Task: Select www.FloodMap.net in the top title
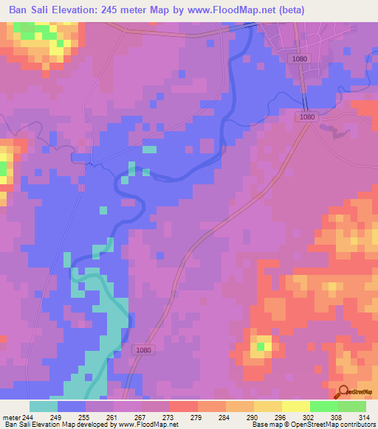click(240, 10)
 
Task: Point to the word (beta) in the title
click(303, 10)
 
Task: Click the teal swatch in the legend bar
click(44, 406)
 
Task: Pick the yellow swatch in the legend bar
click(267, 406)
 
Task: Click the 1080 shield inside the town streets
click(299, 59)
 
